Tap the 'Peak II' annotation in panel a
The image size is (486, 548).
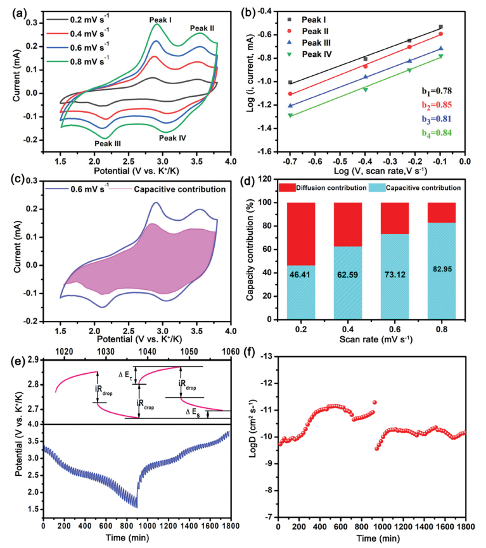point(203,28)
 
